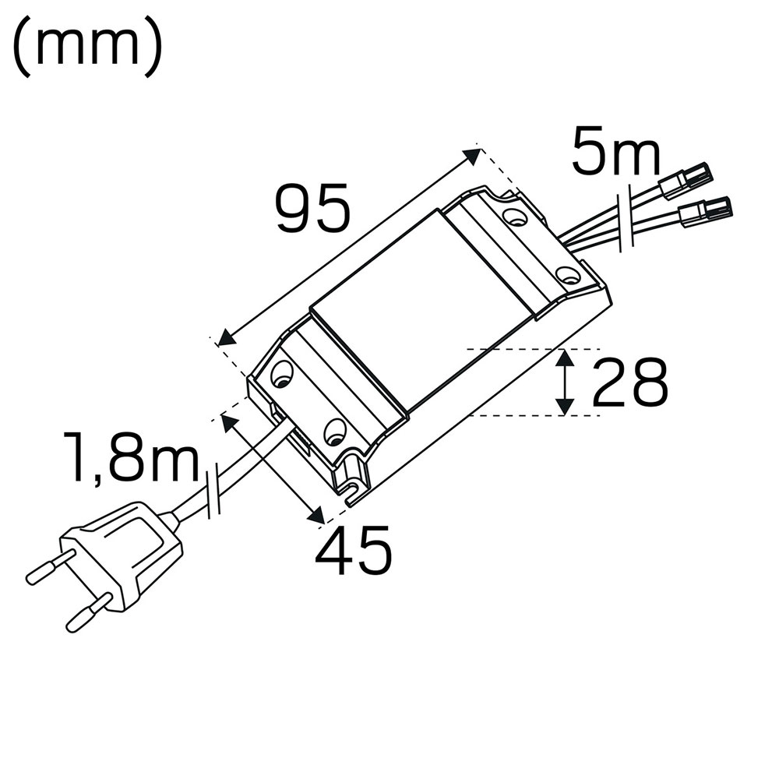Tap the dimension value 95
tap(314, 208)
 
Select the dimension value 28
tap(630, 382)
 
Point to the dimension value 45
tap(353, 550)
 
